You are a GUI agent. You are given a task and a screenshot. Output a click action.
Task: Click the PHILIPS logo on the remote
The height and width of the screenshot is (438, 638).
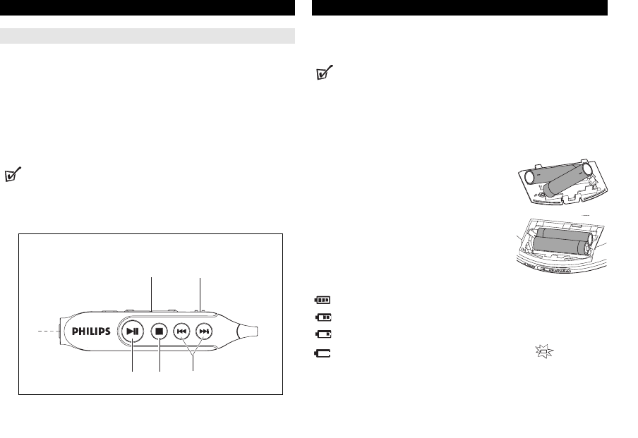(x=91, y=331)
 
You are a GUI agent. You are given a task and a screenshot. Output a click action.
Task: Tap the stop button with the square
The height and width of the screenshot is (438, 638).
(x=159, y=331)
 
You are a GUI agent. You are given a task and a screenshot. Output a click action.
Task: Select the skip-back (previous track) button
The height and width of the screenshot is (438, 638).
(x=181, y=331)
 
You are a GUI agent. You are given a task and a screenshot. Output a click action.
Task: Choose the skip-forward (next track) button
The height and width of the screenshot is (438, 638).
(x=204, y=331)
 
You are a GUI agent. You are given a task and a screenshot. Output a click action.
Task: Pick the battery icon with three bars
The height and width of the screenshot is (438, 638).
(x=323, y=300)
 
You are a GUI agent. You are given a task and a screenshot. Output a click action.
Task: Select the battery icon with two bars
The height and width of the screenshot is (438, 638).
(x=323, y=317)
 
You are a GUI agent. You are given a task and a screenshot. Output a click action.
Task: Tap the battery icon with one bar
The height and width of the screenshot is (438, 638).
(x=323, y=334)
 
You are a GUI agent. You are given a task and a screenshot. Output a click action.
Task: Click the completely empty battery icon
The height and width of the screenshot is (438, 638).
(x=323, y=353)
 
